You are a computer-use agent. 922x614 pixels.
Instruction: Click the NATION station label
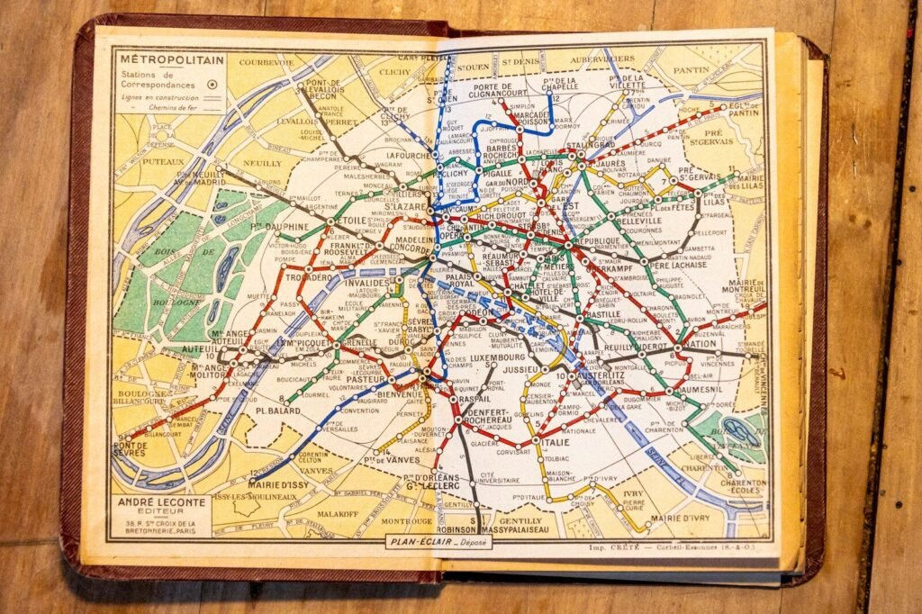click(700, 344)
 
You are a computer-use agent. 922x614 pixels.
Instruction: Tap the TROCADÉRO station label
click(309, 278)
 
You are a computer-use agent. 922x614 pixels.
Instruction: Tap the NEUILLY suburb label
click(237, 163)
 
